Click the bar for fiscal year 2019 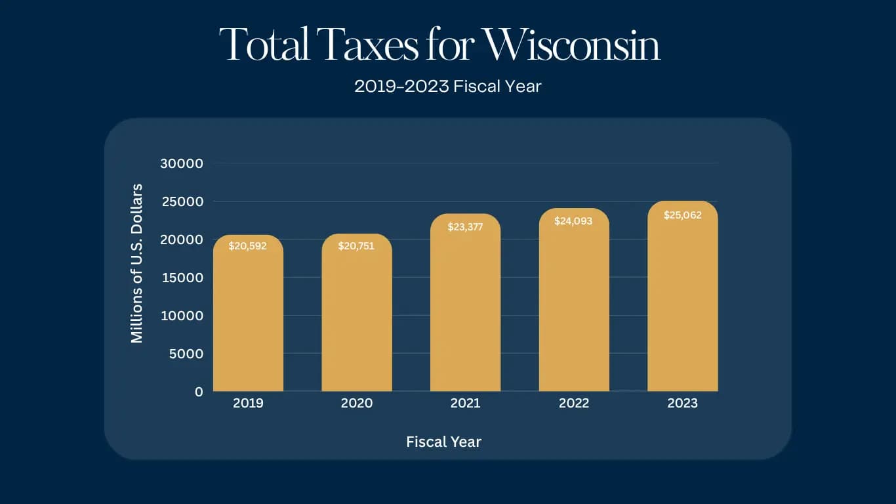[x=248, y=315]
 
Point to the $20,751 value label [x=356, y=246]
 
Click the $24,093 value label [x=573, y=221]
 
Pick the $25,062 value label [x=682, y=215]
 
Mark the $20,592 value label [x=248, y=247]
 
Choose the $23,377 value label [x=465, y=227]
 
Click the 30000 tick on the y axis [x=182, y=163]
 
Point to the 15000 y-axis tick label [x=182, y=278]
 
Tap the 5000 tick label [x=185, y=354]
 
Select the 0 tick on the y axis [x=199, y=392]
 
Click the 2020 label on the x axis [x=356, y=404]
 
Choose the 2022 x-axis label [x=573, y=404]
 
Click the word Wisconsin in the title [x=571, y=45]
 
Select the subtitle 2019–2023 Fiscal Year [x=447, y=86]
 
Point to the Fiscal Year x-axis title [x=443, y=442]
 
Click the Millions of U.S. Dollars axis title [x=136, y=263]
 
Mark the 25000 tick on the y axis [x=182, y=201]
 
